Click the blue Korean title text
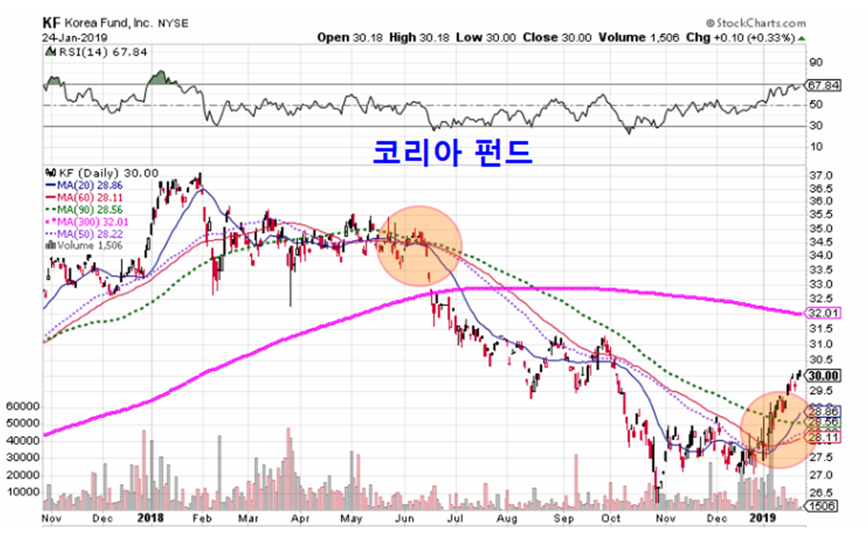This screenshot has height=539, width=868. pyautogui.click(x=452, y=152)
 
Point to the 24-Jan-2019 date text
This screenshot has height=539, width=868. pyautogui.click(x=75, y=37)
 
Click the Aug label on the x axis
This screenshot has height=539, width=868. pyautogui.click(x=504, y=518)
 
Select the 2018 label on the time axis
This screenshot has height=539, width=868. pyautogui.click(x=150, y=518)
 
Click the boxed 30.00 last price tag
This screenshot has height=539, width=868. pyautogui.click(x=824, y=375)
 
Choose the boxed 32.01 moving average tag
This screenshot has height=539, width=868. pyautogui.click(x=824, y=313)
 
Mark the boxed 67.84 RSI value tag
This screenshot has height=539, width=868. pyautogui.click(x=824, y=86)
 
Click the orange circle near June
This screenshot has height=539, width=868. pyautogui.click(x=419, y=246)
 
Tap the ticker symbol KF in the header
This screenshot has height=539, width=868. pyautogui.click(x=52, y=24)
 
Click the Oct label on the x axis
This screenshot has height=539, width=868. pyautogui.click(x=611, y=518)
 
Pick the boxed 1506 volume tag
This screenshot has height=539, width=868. pyautogui.click(x=824, y=505)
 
